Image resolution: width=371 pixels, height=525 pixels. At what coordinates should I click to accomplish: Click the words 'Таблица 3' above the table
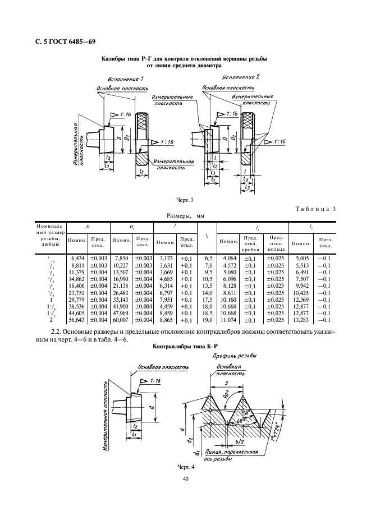click(x=315, y=209)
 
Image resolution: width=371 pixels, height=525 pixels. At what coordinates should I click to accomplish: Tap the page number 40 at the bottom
click(x=185, y=478)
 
